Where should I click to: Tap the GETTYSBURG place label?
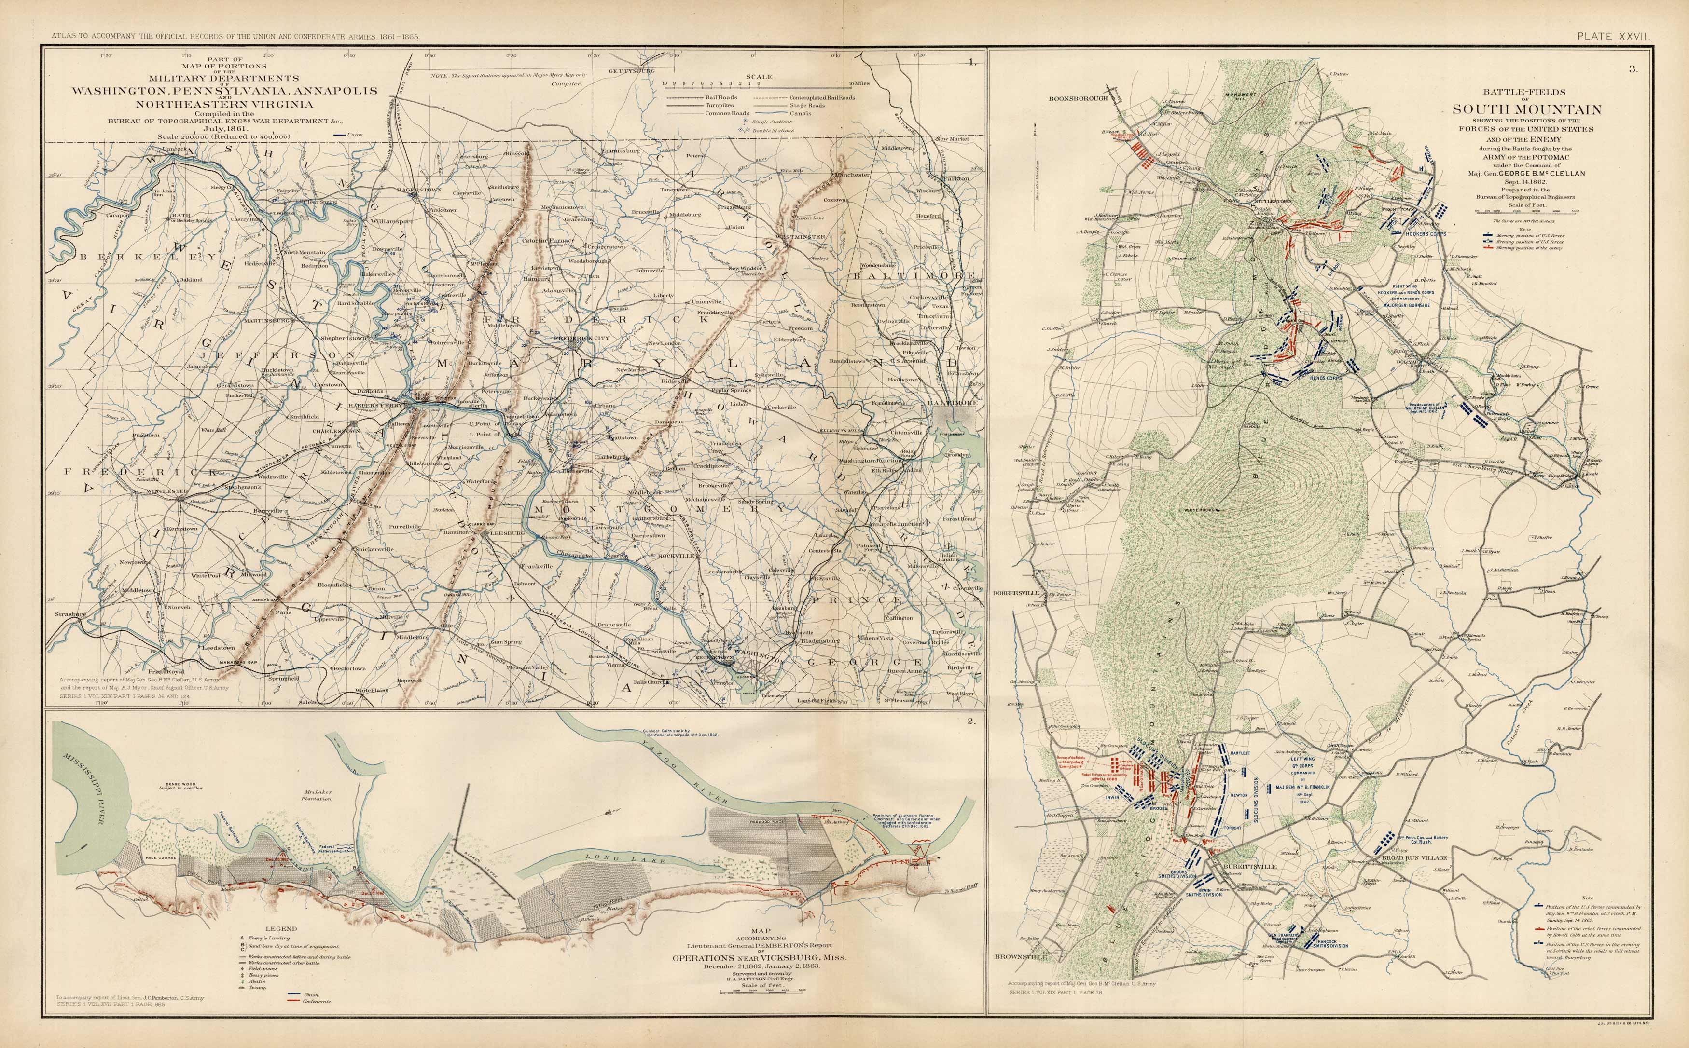(x=632, y=71)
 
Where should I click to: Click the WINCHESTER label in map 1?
(x=166, y=491)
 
